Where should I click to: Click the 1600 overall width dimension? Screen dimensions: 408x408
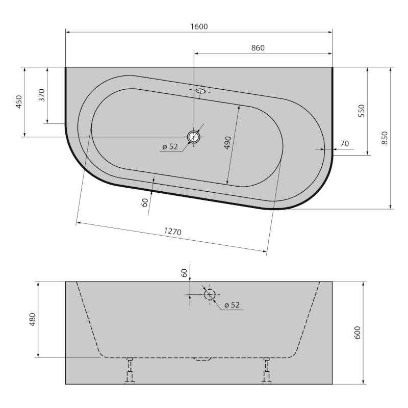click(x=199, y=27)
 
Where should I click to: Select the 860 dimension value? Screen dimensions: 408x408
click(x=258, y=48)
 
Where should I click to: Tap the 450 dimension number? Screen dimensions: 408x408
click(x=19, y=101)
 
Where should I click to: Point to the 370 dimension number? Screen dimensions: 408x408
click(x=42, y=95)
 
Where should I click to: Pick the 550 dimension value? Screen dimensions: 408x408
click(x=362, y=111)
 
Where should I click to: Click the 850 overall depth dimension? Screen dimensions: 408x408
click(x=385, y=138)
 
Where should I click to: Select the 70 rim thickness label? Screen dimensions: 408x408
click(x=345, y=144)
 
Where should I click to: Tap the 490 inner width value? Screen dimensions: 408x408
click(x=227, y=143)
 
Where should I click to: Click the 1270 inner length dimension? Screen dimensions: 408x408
click(x=172, y=232)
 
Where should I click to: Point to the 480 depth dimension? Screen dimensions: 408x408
click(x=33, y=320)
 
